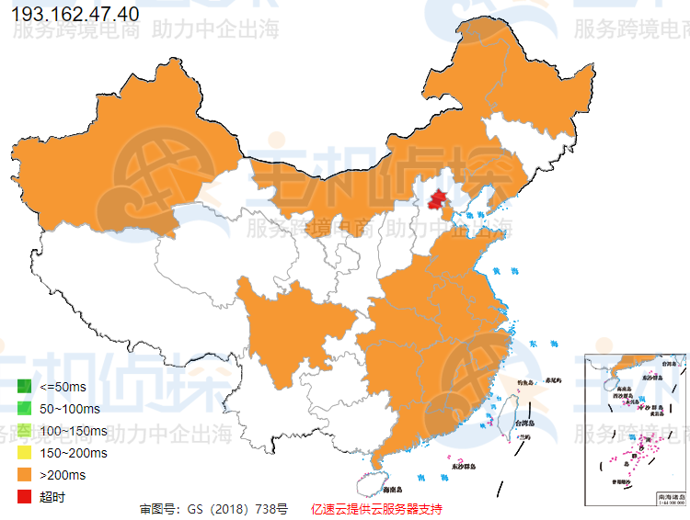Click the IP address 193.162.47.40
pos(75,15)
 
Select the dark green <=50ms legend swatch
pos(25,386)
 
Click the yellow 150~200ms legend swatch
pos(25,453)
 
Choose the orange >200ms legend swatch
pos(25,475)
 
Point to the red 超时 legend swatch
pos(25,497)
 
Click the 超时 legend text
pos(52,497)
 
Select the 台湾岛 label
pos(523,424)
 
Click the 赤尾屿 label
pos(552,379)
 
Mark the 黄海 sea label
pos(499,272)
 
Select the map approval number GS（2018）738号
pos(213,508)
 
